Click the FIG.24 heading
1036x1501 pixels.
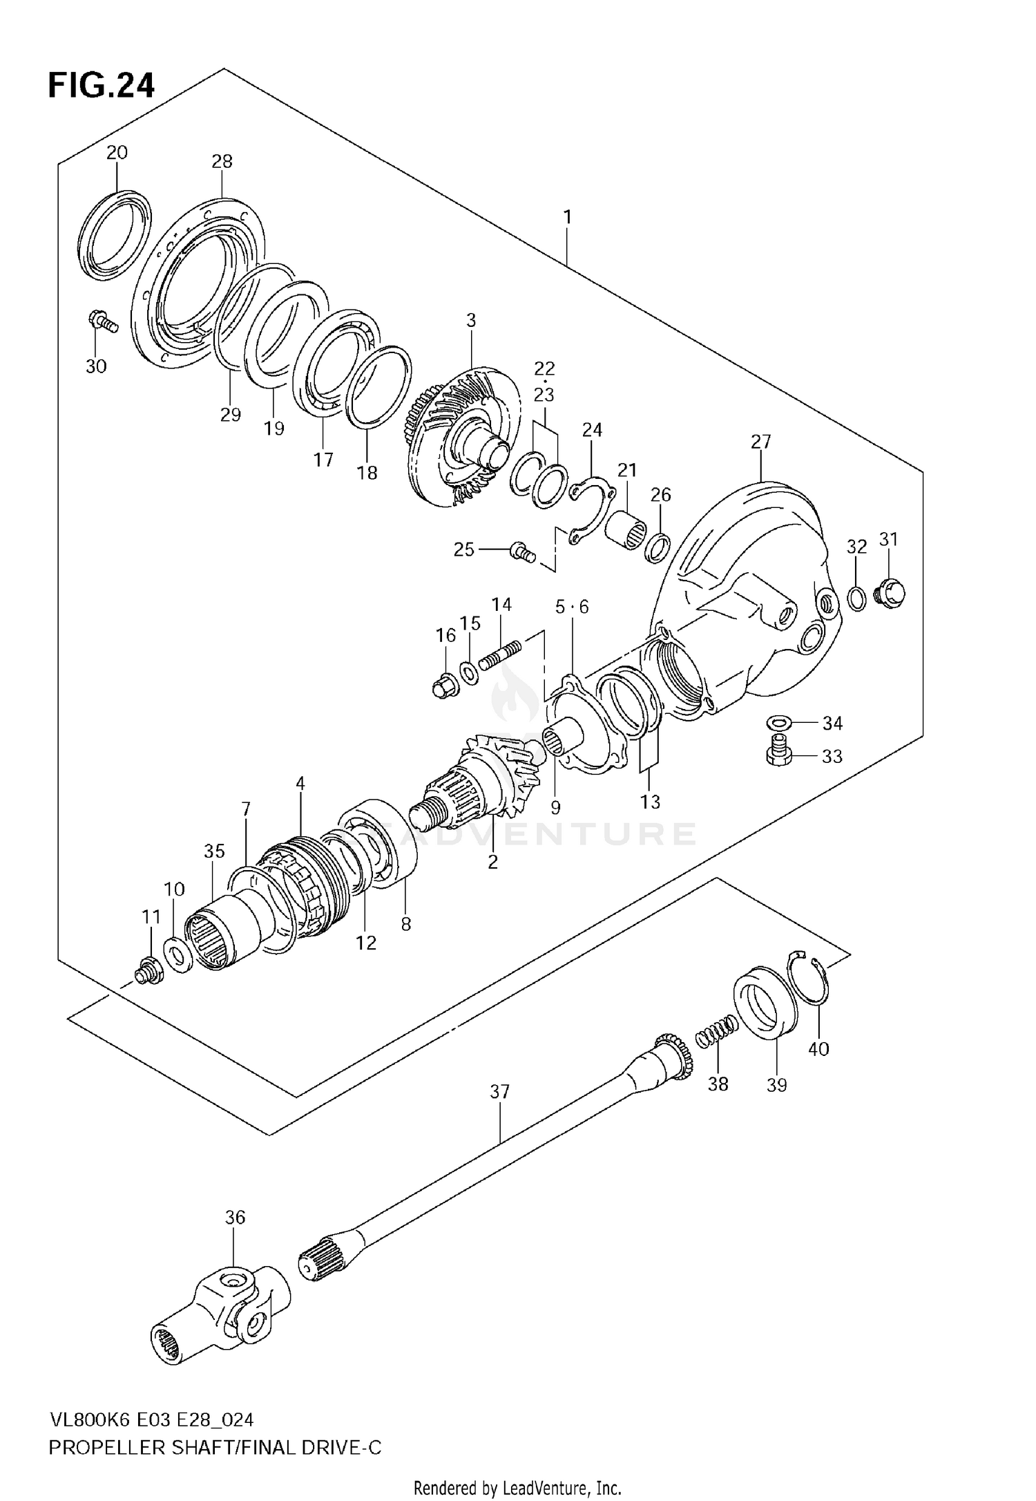pos(101,86)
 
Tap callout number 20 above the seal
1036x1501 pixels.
pos(117,153)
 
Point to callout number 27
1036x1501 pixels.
pos(760,442)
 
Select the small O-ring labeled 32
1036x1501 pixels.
pos(856,598)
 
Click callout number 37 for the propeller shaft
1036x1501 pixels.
pos(499,1092)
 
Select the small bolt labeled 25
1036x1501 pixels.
pos(521,552)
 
